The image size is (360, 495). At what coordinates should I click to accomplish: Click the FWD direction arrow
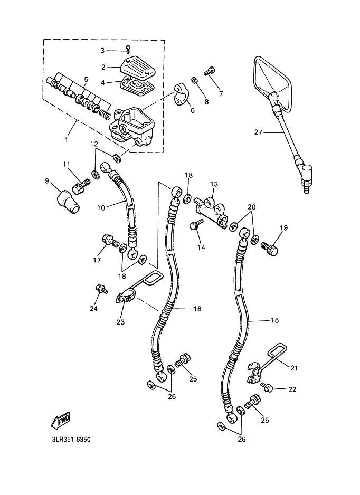[61, 420]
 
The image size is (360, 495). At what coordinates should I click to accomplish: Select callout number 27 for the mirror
[258, 133]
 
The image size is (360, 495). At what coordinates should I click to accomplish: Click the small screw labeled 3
[128, 50]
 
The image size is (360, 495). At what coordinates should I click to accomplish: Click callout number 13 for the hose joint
[214, 184]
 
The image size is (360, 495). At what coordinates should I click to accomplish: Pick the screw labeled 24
[100, 289]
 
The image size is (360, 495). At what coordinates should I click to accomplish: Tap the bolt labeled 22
[267, 388]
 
